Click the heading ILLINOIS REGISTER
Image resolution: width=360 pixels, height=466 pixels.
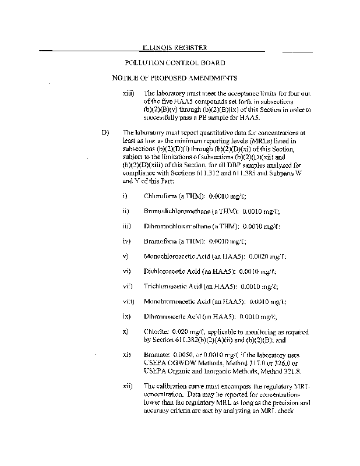pyautogui.click(x=174, y=48)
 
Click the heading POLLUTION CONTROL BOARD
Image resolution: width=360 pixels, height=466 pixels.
pyautogui.click(x=175, y=63)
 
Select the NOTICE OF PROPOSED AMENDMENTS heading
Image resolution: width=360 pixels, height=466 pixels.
pyautogui.click(x=175, y=78)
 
